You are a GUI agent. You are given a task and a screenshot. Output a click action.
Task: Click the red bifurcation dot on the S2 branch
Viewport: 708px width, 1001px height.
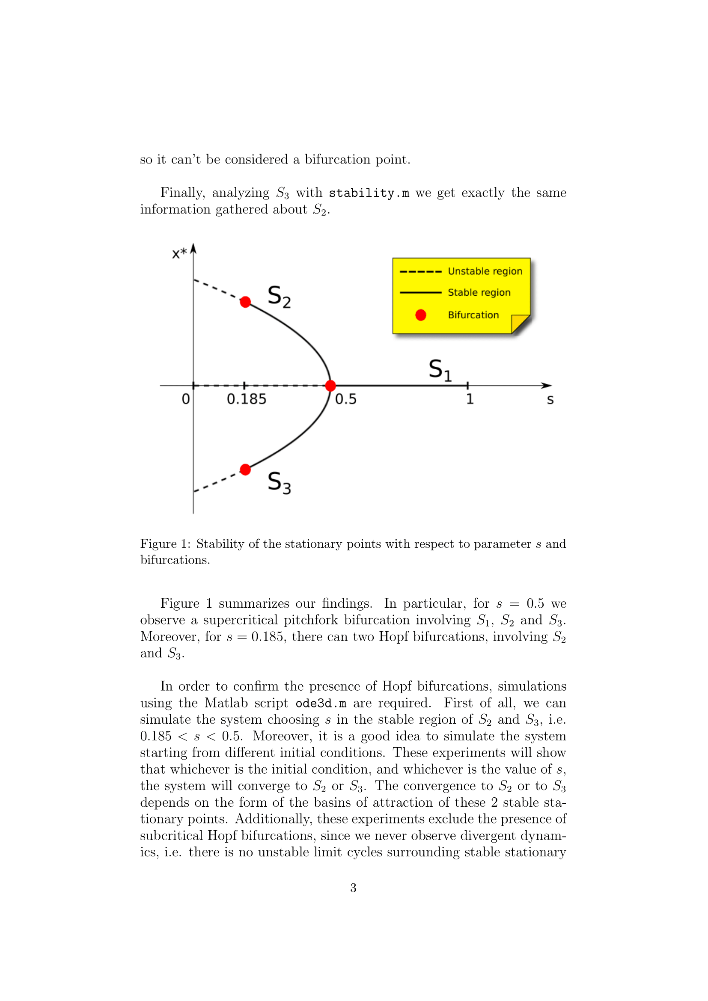coord(245,302)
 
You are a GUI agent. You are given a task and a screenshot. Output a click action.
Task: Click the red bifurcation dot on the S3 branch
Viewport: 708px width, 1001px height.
coord(245,469)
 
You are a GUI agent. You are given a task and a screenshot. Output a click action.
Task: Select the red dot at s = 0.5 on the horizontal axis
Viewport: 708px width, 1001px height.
coord(330,386)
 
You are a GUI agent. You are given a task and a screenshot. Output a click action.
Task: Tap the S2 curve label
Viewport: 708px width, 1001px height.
coord(279,297)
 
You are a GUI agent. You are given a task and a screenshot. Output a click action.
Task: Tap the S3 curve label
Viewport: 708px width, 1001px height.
coord(279,483)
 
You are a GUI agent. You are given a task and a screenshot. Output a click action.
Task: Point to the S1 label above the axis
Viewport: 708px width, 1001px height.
coord(440,371)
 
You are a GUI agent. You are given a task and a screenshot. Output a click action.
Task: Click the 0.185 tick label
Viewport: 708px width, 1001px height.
coord(246,399)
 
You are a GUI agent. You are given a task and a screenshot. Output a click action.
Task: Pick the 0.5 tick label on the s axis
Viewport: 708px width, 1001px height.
coord(346,399)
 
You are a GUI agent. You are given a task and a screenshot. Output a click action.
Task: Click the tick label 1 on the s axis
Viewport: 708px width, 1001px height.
coord(470,399)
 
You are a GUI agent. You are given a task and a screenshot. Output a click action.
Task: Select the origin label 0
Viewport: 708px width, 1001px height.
coord(186,399)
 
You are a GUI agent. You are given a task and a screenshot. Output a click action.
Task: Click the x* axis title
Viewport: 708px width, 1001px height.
coord(179,253)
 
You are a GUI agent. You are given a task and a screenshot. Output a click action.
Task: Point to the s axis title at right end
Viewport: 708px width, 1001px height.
coord(550,400)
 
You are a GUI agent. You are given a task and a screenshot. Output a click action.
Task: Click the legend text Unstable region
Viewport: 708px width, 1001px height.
coord(485,271)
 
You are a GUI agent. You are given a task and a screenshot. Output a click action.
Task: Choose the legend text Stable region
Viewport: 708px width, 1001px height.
coord(479,293)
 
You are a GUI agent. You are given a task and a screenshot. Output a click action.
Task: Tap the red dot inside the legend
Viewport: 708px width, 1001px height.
coord(421,315)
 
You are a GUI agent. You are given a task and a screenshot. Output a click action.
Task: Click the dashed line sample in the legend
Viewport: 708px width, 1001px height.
coord(420,272)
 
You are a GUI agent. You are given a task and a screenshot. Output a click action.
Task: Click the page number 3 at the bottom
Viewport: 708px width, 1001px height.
coord(353,888)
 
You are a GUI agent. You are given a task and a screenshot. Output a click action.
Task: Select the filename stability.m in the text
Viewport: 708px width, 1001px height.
coord(369,193)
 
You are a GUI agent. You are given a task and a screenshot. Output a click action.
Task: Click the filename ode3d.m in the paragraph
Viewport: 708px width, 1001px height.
coord(321,703)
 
